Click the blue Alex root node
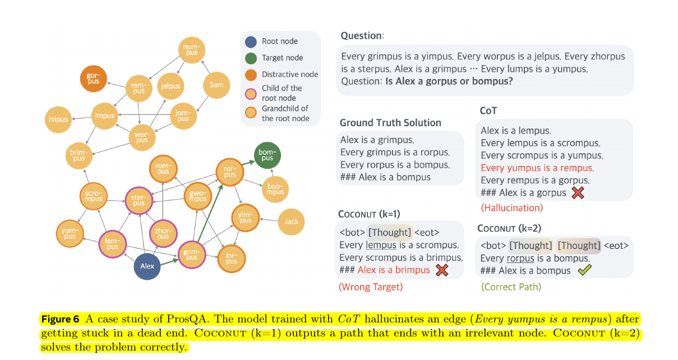point(147,266)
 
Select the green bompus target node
point(267,155)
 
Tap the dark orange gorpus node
point(94,78)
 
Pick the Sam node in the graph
point(216,85)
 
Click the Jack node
point(291,221)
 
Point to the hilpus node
point(58,119)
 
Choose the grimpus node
point(192,255)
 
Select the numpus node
point(192,49)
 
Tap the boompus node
point(275,188)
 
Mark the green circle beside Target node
point(251,58)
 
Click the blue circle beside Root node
point(251,41)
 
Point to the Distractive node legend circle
point(251,75)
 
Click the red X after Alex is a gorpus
point(578,192)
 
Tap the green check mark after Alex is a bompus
point(584,270)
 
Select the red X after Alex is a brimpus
point(442,270)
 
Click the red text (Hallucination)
point(512,208)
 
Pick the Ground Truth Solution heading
point(390,123)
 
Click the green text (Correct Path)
point(511,287)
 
